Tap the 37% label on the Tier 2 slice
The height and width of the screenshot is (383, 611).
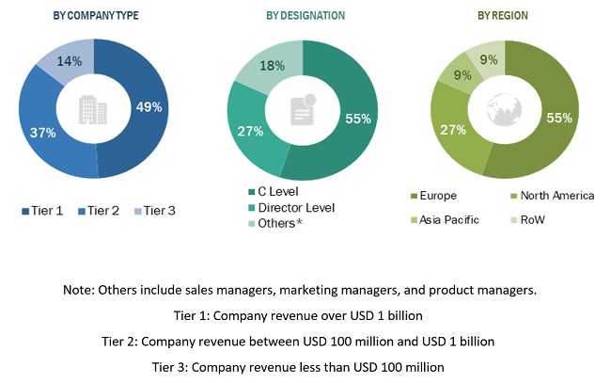click(x=43, y=134)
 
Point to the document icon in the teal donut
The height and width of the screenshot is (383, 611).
click(x=303, y=111)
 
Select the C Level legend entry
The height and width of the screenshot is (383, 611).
click(x=276, y=192)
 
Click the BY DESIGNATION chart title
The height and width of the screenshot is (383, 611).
click(x=305, y=16)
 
